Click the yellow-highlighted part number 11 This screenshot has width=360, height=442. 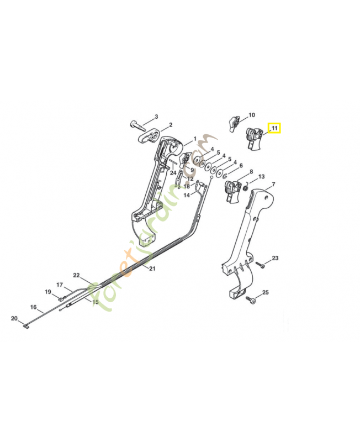pyautogui.click(x=274, y=128)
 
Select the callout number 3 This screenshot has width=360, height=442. pyautogui.click(x=156, y=117)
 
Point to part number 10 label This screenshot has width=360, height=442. pyautogui.click(x=252, y=115)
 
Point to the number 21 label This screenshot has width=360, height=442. pyautogui.click(x=152, y=269)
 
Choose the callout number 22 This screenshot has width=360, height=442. pyautogui.click(x=77, y=275)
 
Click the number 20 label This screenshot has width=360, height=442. pyautogui.click(x=14, y=318)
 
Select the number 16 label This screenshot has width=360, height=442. pyautogui.click(x=33, y=307)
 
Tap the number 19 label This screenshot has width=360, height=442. pyautogui.click(x=48, y=292)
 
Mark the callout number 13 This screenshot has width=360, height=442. pyautogui.click(x=261, y=177)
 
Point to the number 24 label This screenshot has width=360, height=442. pyautogui.click(x=173, y=173)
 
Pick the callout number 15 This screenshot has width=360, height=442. pyautogui.click(x=95, y=302)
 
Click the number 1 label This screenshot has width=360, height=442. pyautogui.click(x=194, y=139)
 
